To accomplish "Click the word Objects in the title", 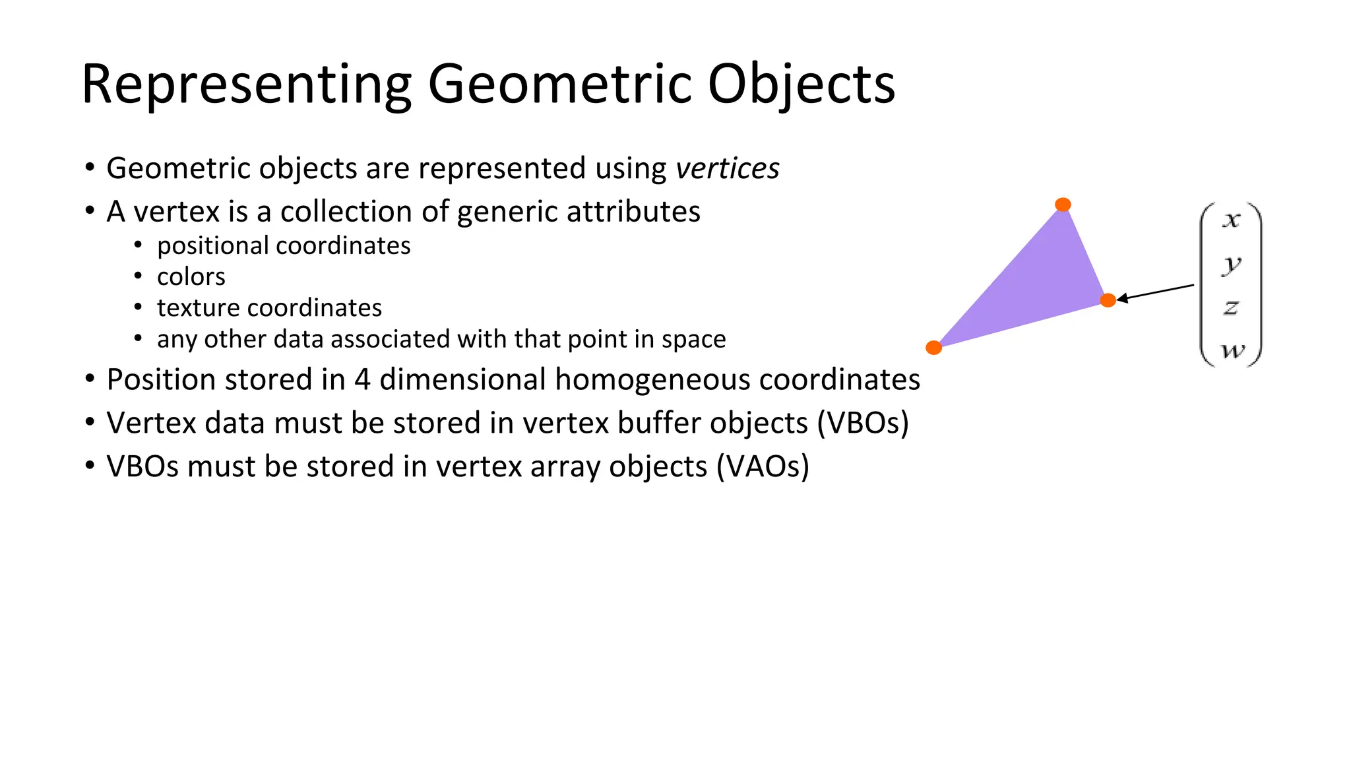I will pyautogui.click(x=801, y=86).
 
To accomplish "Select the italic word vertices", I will pyautogui.click(x=727, y=169).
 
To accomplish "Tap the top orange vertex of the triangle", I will pyautogui.click(x=1063, y=205).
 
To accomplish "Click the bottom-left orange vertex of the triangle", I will pyautogui.click(x=933, y=348).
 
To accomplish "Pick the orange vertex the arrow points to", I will pyautogui.click(x=1108, y=301).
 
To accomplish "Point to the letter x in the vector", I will pyautogui.click(x=1231, y=220).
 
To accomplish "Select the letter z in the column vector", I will pyautogui.click(x=1231, y=307).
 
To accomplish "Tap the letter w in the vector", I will pyautogui.click(x=1232, y=350).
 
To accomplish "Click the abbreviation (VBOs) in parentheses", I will pyautogui.click(x=863, y=424).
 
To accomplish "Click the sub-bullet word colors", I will pyautogui.click(x=191, y=277).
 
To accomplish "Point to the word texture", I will pyautogui.click(x=198, y=308).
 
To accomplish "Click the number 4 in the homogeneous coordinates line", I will pyautogui.click(x=362, y=380).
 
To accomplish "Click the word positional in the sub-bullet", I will pyautogui.click(x=212, y=246).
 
